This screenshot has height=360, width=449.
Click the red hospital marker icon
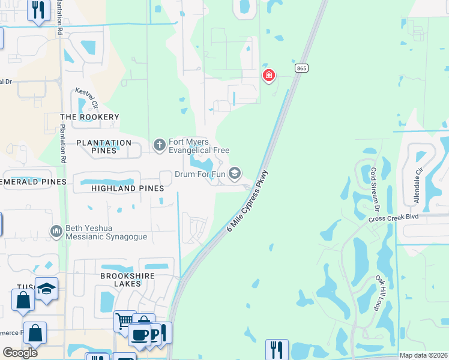click(268, 75)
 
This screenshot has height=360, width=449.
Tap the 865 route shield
click(301, 69)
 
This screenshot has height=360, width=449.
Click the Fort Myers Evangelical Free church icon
click(159, 145)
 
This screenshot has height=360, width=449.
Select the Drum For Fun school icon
click(235, 174)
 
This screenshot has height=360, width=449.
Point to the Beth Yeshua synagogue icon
click(56, 232)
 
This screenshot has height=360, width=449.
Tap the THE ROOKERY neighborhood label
click(89, 117)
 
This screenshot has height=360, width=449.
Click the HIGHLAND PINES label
click(127, 188)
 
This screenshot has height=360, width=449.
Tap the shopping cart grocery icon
click(124, 320)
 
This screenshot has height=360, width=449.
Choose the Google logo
click(20, 352)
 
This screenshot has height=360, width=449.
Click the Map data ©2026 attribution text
click(423, 355)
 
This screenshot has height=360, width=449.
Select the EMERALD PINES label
click(32, 181)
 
